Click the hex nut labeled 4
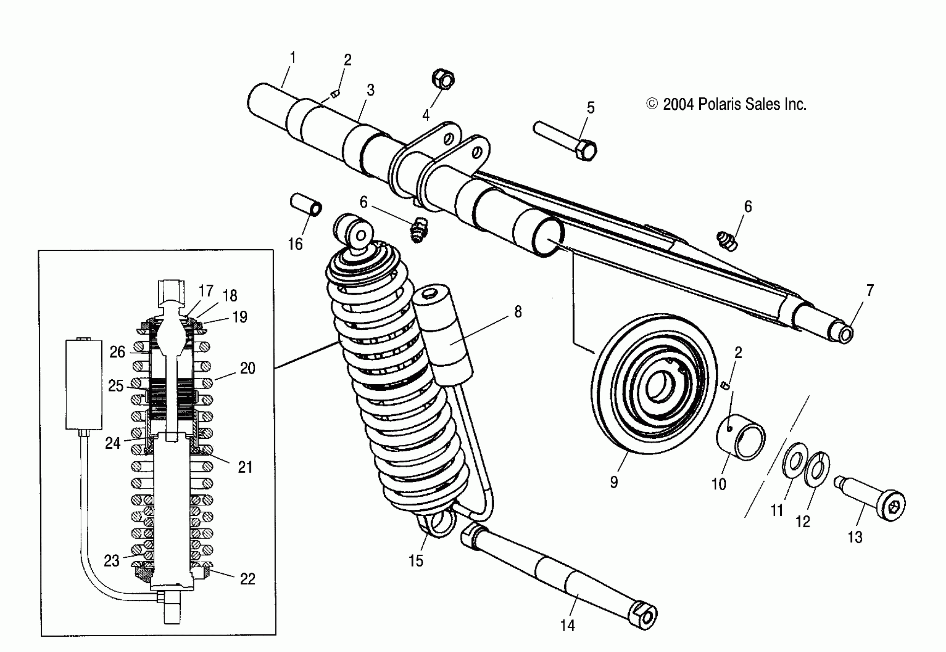[x=443, y=79]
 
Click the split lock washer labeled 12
[x=816, y=470]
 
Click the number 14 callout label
[x=568, y=626]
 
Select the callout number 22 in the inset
[x=247, y=579]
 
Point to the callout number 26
[x=117, y=352]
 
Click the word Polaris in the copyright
[x=720, y=105]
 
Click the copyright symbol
[x=652, y=104]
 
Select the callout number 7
[x=870, y=290]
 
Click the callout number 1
[x=293, y=58]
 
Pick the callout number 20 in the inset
[x=247, y=368]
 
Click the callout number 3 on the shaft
[x=370, y=90]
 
